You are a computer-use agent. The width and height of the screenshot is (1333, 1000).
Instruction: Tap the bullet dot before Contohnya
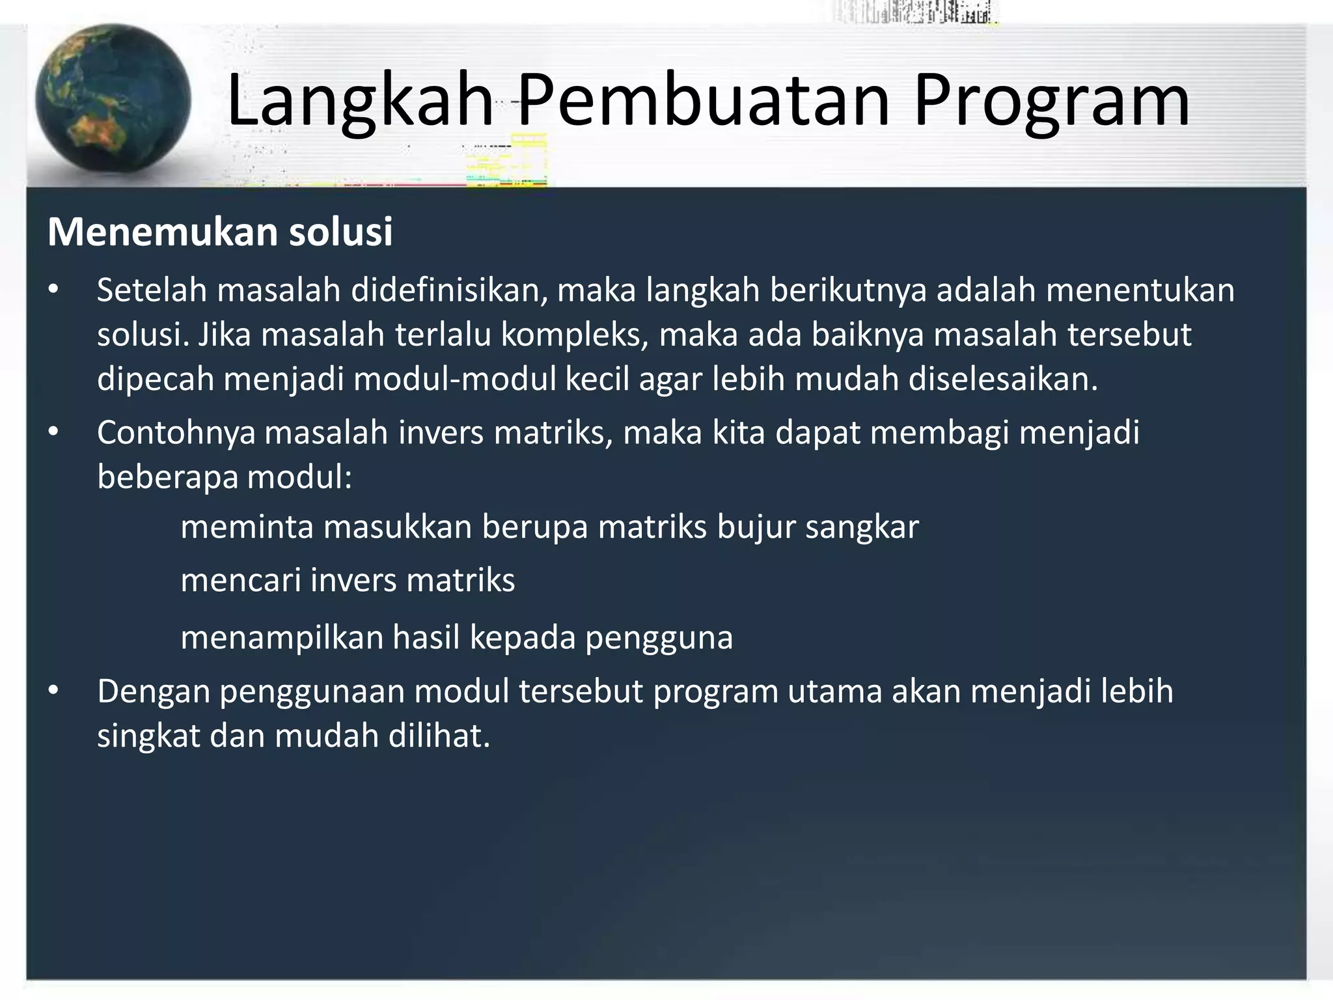click(53, 432)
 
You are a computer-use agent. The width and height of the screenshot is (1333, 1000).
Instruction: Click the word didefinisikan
click(449, 290)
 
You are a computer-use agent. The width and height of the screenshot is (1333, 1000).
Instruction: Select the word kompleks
click(574, 335)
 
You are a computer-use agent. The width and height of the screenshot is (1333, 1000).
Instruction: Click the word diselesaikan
click(1003, 379)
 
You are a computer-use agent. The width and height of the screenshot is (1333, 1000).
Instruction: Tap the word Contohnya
click(176, 433)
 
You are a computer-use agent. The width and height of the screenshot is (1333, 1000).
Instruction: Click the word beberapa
click(167, 477)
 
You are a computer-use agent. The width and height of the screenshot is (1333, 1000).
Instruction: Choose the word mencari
click(240, 580)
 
